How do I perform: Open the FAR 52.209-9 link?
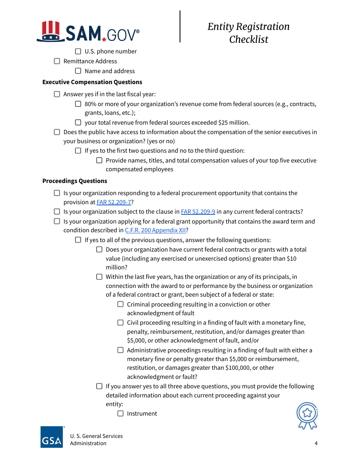point(198,212)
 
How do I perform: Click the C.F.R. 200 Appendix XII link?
point(155,230)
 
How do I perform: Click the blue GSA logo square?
point(52,437)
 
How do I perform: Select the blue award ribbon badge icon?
point(307,416)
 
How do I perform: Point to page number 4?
point(316,443)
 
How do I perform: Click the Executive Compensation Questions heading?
point(92,82)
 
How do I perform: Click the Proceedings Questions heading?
point(75,181)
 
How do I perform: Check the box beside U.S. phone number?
point(78,51)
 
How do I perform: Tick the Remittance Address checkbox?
point(57,61)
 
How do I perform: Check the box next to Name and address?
point(78,71)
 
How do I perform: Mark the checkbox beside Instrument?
point(121,414)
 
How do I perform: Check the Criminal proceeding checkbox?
point(121,304)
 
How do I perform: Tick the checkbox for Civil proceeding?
point(121,323)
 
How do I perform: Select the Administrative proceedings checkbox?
point(121,350)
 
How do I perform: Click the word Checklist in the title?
point(249,39)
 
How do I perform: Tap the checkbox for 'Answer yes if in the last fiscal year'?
point(57,94)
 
